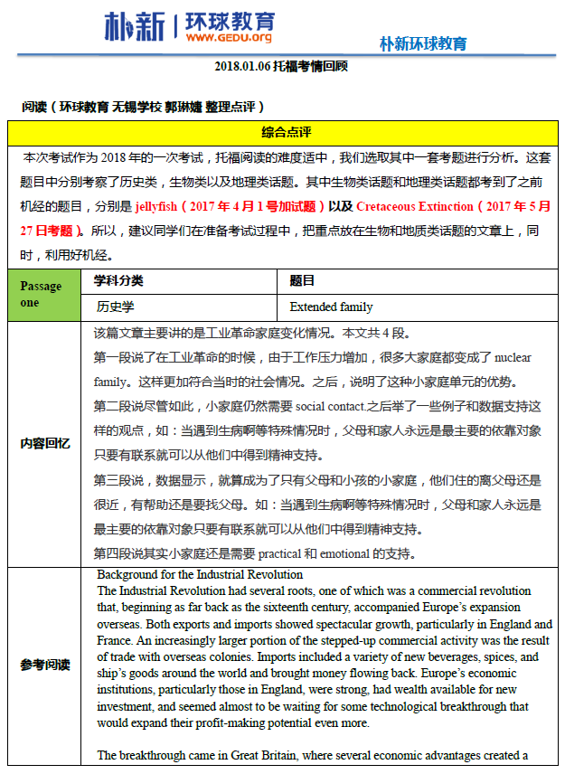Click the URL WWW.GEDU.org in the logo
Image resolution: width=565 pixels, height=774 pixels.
click(x=228, y=38)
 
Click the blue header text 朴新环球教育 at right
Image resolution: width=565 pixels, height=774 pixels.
click(x=423, y=43)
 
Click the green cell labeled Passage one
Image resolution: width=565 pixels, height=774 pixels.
click(x=41, y=295)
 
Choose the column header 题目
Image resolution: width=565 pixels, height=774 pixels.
click(x=302, y=281)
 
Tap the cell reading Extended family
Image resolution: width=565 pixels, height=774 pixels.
click(x=331, y=307)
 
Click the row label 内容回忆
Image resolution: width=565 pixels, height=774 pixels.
click(x=45, y=443)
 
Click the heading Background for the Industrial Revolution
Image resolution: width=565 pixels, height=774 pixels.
click(x=200, y=575)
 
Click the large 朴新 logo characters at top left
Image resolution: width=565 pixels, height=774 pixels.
click(x=135, y=27)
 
